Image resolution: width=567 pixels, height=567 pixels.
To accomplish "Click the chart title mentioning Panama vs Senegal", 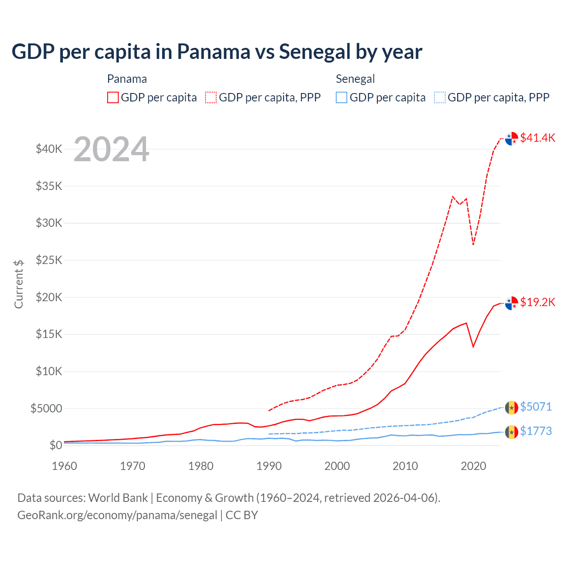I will (x=217, y=52).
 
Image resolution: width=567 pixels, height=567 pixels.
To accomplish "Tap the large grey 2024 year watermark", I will (x=111, y=150).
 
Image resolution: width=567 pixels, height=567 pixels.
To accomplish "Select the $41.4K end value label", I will (x=537, y=138).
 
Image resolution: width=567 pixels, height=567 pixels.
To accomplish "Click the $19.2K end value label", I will (x=537, y=302).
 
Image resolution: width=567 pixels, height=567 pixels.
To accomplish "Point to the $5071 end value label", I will (x=536, y=407).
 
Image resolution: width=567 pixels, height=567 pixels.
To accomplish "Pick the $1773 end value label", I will (x=536, y=431).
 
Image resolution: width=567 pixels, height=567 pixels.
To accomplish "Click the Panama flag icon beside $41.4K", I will (x=512, y=139).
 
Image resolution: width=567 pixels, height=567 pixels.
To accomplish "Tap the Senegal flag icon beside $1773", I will (x=512, y=431).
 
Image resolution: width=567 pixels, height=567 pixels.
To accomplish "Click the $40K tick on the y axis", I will (x=49, y=149).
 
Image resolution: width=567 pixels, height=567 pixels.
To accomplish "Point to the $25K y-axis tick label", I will (x=49, y=260).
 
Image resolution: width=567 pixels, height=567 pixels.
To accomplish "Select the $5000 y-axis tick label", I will (x=47, y=408).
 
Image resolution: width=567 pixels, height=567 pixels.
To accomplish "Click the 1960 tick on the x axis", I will (x=65, y=466).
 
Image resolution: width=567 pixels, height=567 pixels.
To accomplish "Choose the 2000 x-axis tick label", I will (x=337, y=466).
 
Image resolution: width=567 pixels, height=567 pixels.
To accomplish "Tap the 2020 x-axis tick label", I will (x=474, y=466).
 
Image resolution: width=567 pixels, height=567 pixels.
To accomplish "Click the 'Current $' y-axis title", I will (x=19, y=284).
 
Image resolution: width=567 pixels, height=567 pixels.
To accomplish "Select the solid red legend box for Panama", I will (x=113, y=97).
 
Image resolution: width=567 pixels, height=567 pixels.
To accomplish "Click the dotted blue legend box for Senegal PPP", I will (x=440, y=97).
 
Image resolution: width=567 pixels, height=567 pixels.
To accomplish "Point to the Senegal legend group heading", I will (x=355, y=79).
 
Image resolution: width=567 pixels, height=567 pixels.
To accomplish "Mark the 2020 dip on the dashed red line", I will (x=473, y=244).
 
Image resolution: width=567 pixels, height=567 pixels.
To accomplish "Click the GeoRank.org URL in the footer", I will (x=117, y=515).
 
